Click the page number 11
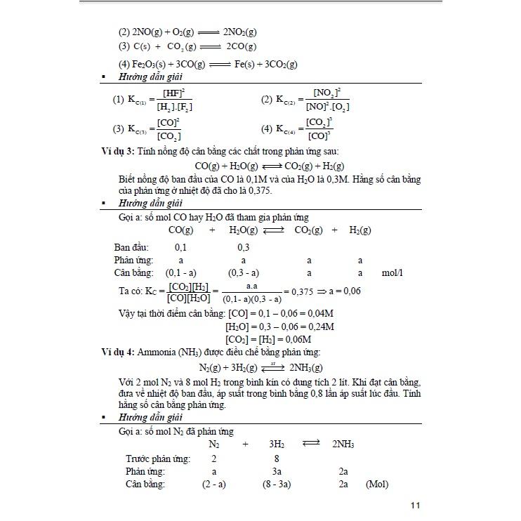pos(415,506)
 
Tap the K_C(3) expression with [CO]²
pos(154,129)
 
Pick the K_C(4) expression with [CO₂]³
pos(305,129)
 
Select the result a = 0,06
pos(344,291)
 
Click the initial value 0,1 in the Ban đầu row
pos(181,248)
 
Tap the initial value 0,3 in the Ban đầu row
pos(244,248)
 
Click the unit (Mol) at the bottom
pos(376,484)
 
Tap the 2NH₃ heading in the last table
pos(343,444)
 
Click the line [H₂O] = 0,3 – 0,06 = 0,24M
pos(279,327)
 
